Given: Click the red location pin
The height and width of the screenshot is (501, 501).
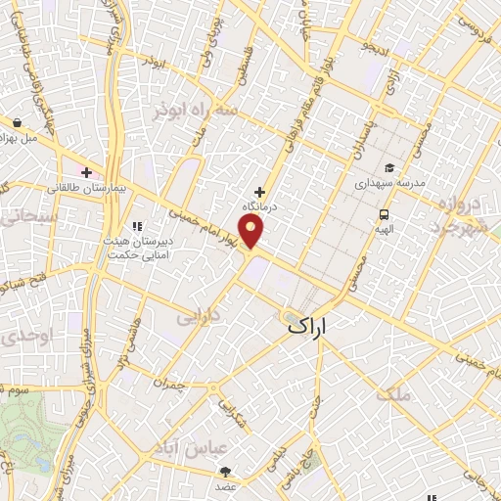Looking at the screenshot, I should [x=253, y=231].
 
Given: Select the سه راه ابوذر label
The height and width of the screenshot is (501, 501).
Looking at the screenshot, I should [x=195, y=112].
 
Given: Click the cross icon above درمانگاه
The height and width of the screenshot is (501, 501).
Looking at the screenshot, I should [x=259, y=192].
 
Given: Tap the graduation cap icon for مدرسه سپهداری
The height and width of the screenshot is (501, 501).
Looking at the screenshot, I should [x=388, y=167].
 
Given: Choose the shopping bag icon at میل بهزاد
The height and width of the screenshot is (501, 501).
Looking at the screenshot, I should [x=19, y=123].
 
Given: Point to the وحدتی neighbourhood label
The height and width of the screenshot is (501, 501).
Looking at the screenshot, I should [x=21, y=336].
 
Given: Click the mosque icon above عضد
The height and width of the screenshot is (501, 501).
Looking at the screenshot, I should [x=227, y=471].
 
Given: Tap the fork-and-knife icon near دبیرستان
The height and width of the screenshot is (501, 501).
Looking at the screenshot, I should [x=150, y=227].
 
